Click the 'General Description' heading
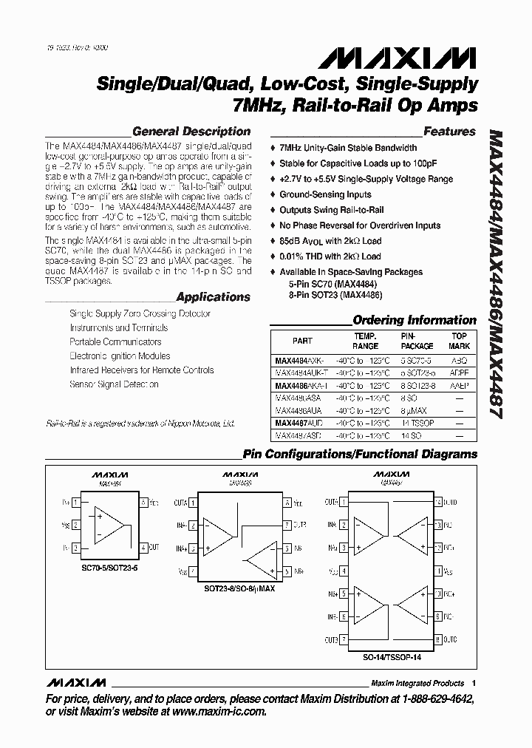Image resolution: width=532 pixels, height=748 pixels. [191, 132]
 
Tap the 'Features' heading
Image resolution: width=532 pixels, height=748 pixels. [449, 132]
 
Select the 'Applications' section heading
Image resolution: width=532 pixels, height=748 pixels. [214, 297]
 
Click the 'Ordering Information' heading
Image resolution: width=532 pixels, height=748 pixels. [415, 320]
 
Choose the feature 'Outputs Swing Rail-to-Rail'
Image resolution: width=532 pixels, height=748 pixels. [332, 210]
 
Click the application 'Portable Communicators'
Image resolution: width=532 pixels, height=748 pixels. [115, 341]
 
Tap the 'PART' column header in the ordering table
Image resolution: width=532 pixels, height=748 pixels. [302, 341]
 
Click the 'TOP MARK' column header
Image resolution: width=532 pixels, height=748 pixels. [460, 341]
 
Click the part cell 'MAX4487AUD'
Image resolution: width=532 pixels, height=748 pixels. [301, 424]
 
